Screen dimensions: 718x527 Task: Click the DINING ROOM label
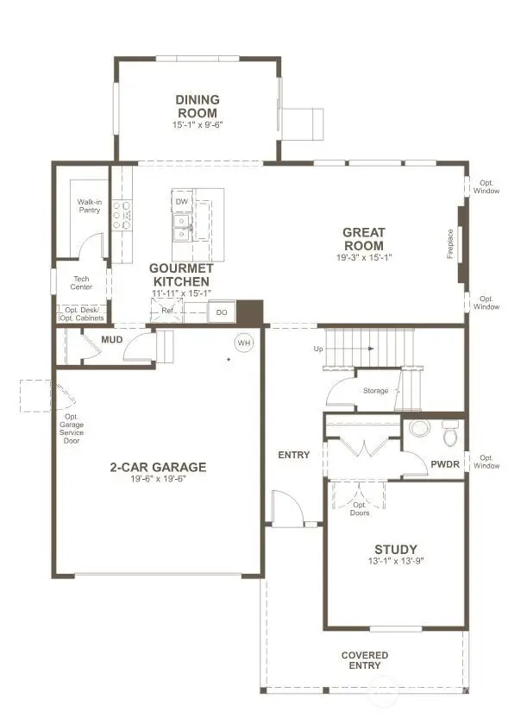[x=198, y=106]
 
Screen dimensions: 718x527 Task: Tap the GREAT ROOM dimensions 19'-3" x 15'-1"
[x=363, y=257]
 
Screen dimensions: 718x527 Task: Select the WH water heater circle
[x=244, y=343]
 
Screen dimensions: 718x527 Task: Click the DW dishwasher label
[x=181, y=202]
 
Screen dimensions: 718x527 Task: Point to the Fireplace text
[x=449, y=243]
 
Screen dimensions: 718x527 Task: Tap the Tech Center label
[x=82, y=282]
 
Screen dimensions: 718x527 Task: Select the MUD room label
[x=111, y=339]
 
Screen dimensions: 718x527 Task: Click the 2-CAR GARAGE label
[x=157, y=468]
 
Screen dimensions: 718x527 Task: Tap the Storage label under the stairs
[x=375, y=391]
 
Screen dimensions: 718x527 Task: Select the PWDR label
[x=445, y=463]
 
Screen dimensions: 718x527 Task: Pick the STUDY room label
[x=396, y=550]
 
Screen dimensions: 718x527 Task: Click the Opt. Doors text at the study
[x=360, y=508]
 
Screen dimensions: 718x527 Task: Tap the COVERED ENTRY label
[x=364, y=660]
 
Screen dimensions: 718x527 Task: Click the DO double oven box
[x=222, y=312]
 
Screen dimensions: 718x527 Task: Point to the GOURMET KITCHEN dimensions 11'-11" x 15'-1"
[x=181, y=293]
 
